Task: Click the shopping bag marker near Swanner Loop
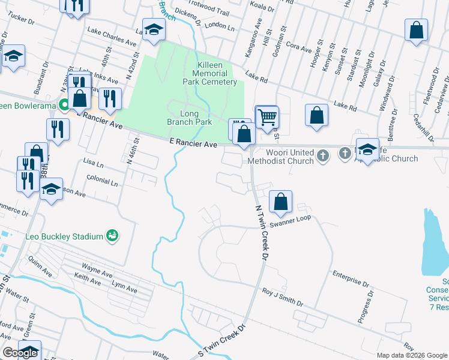[280, 202]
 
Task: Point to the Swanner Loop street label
[291, 218]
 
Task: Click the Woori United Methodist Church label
[282, 157]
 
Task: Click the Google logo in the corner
[20, 353]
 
